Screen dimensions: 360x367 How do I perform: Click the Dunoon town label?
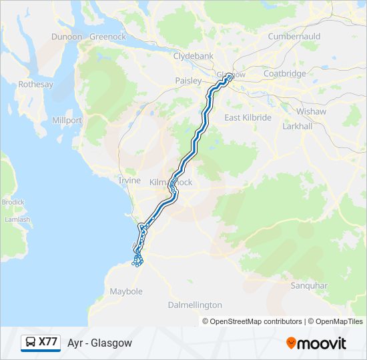[x=66, y=37]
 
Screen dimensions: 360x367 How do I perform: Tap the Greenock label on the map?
[x=107, y=37]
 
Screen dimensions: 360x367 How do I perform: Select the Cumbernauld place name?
[x=294, y=36]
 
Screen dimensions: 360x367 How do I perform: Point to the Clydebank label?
[x=192, y=56]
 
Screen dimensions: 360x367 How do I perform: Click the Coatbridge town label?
[x=284, y=73]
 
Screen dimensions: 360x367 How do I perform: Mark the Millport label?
[x=67, y=121]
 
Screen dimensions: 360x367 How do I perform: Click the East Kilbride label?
[x=248, y=117]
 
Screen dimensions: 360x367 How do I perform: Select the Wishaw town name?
[x=311, y=111]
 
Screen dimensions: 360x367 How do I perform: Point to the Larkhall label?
[x=297, y=125]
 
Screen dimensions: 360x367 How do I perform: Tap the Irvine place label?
[x=129, y=181]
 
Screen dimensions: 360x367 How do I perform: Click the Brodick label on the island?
[x=12, y=202]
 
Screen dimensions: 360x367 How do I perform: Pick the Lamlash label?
[x=17, y=219]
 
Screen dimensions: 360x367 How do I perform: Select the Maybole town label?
[x=126, y=291]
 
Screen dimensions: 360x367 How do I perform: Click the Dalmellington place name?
[x=195, y=305]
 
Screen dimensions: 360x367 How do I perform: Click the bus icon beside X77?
[x=31, y=342]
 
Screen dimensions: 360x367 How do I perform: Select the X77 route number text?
[x=48, y=342]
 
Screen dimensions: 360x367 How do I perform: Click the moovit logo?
[x=316, y=343]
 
